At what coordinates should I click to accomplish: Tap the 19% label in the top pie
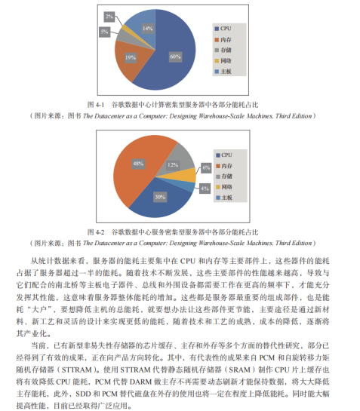pyautogui.click(x=130, y=57)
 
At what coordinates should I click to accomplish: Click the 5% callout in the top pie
pyautogui.click(x=103, y=32)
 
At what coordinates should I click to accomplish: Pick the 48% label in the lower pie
pyautogui.click(x=138, y=163)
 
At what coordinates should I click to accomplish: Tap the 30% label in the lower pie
pyautogui.click(x=160, y=197)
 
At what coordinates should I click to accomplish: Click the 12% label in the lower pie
pyautogui.click(x=172, y=164)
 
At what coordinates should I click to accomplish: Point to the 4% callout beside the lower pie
pyautogui.click(x=205, y=188)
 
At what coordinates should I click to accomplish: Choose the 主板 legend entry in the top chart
pyautogui.click(x=226, y=71)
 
